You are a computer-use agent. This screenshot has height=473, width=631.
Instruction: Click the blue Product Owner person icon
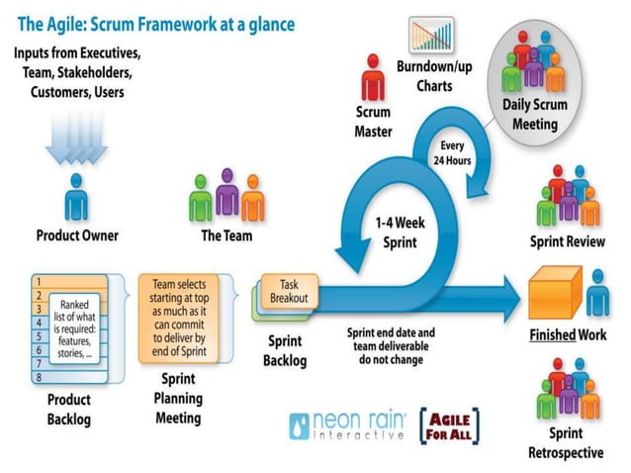click(76, 199)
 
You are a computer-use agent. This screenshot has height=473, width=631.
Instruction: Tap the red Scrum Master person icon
click(373, 75)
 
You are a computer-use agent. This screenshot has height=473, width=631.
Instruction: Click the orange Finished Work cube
click(555, 293)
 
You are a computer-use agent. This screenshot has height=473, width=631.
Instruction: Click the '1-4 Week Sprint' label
click(400, 232)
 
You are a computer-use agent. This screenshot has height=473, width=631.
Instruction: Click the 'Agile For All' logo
click(451, 426)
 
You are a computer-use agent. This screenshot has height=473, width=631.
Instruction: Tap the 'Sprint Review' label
click(569, 242)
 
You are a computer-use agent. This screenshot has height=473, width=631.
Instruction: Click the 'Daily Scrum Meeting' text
click(535, 117)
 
